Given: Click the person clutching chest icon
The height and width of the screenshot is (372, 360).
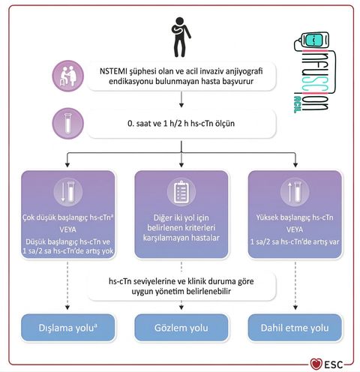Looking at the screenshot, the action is click(x=181, y=37).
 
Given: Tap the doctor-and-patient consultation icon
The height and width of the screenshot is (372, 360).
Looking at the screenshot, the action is click(x=68, y=76).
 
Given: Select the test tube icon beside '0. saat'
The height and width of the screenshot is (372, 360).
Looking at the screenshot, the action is click(x=68, y=123).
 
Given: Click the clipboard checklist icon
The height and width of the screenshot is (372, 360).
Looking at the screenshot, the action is click(x=181, y=192).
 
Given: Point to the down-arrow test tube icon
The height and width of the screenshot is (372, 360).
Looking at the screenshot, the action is click(x=68, y=192).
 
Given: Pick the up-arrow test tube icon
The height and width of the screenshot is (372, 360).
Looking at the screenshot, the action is click(x=295, y=192).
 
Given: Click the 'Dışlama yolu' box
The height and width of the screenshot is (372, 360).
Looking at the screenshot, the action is click(x=68, y=328).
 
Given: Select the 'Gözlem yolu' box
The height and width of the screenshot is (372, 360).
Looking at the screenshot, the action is click(x=181, y=328).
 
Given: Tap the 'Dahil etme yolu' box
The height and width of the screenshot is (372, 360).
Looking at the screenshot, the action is click(x=295, y=328).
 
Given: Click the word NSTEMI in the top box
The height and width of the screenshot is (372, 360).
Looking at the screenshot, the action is click(x=113, y=71).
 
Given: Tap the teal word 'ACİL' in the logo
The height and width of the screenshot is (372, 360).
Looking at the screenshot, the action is click(x=298, y=103).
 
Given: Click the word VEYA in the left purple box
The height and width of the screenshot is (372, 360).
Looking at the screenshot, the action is click(x=68, y=229).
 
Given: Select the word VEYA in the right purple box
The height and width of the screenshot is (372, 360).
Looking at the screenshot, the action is click(x=295, y=229).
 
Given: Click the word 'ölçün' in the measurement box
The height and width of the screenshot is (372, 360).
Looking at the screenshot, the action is click(x=224, y=123).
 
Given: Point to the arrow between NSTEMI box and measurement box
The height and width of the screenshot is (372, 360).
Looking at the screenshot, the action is click(x=181, y=100).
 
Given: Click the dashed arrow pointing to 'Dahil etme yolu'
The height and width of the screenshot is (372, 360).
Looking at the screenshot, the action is click(x=295, y=286).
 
